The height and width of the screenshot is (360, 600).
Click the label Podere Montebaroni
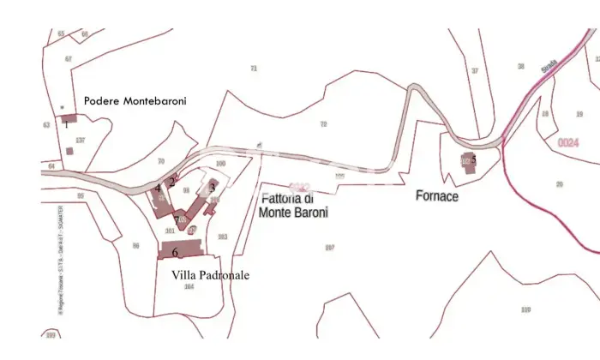135,101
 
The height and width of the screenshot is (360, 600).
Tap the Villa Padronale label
211,275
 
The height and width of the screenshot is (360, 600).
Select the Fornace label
437,196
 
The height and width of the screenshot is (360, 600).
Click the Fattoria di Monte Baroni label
293,207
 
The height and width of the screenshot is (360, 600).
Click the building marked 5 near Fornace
467,161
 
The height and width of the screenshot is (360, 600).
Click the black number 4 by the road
158,188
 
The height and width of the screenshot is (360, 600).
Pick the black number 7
177,219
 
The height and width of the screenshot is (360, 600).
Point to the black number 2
171,181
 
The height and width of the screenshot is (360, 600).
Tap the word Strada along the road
550,65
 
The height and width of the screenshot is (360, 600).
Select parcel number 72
323,125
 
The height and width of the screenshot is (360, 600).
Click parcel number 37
474,71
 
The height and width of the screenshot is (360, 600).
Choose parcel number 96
135,246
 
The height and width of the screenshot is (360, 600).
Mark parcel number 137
81,140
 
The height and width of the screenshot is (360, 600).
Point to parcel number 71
253,69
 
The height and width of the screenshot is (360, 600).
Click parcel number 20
560,183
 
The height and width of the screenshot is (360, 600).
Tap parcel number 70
160,161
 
